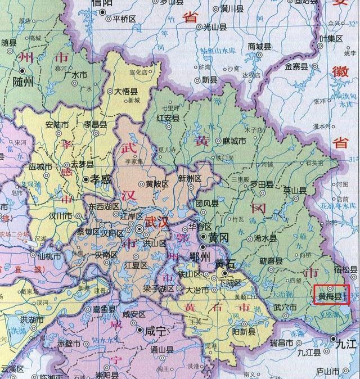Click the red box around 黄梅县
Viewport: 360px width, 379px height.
point(331,294)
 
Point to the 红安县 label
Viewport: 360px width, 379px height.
point(168,118)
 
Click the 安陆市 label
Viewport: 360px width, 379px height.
point(40,125)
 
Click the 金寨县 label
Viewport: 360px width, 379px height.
point(296,66)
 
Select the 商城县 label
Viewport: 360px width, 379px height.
point(259,46)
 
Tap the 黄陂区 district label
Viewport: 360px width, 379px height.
point(157,183)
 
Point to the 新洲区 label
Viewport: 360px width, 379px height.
point(190,178)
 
